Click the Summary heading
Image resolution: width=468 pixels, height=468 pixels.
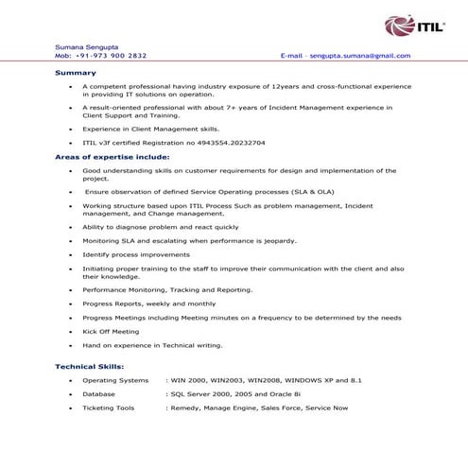(x=75, y=73)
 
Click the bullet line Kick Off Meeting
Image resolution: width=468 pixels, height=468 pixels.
(x=111, y=332)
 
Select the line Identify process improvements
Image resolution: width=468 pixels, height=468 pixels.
(x=136, y=254)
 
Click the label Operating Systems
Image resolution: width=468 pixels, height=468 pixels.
(x=115, y=380)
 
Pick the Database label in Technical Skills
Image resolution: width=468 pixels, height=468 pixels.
(x=98, y=393)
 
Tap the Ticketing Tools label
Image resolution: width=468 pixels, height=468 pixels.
(x=108, y=407)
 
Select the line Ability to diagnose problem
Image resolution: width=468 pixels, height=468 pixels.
(x=161, y=227)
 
